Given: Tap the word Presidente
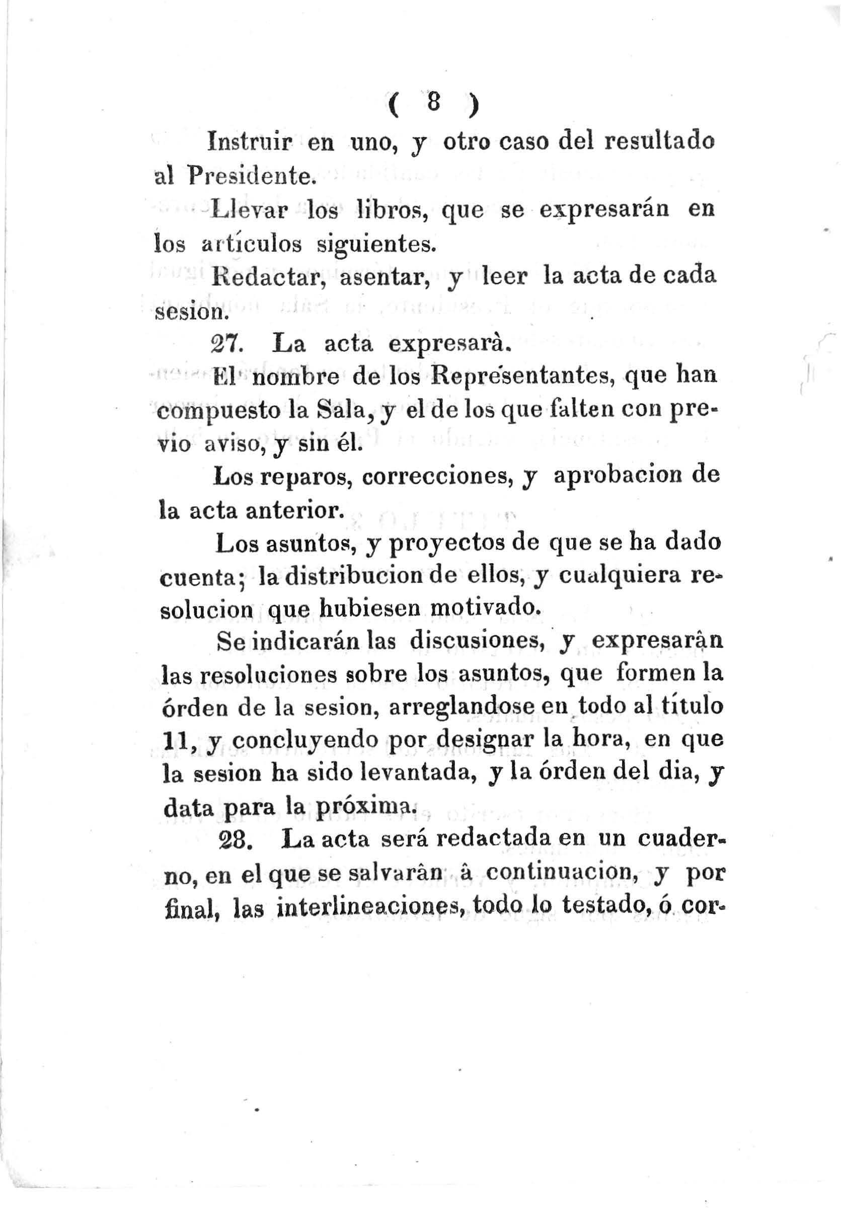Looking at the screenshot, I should click(x=250, y=176).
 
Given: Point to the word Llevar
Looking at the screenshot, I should click(x=250, y=210).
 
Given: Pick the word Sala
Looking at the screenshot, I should click(x=340, y=411).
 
